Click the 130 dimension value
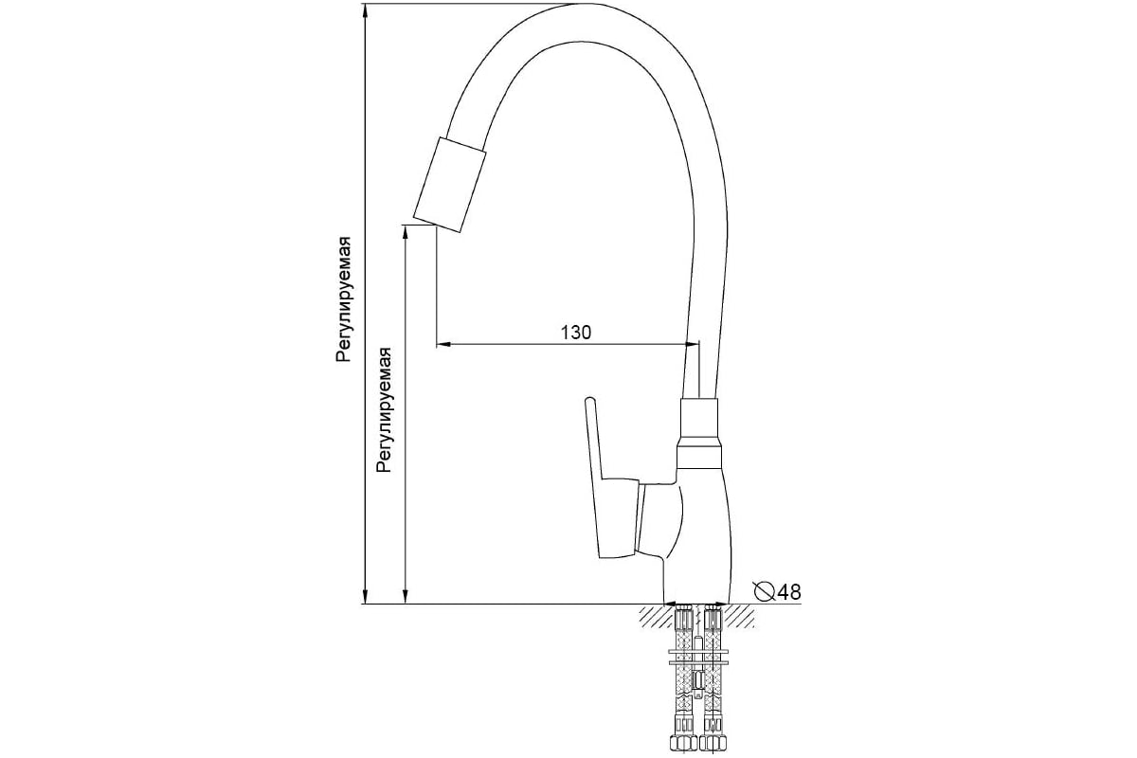pos(576,333)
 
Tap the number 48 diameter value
pos(788,592)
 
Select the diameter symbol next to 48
pos(765,591)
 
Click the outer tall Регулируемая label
pos(344,299)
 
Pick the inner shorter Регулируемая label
pos(385,410)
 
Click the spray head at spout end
pos(450,185)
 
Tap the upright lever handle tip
pos(588,400)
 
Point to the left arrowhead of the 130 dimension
pos(443,345)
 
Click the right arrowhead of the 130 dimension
pos(693,345)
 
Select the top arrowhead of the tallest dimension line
pos(365,10)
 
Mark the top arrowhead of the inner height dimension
pos(406,232)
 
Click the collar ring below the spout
pos(699,457)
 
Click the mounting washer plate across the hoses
pos(699,657)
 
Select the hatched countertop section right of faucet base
pos(741,616)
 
